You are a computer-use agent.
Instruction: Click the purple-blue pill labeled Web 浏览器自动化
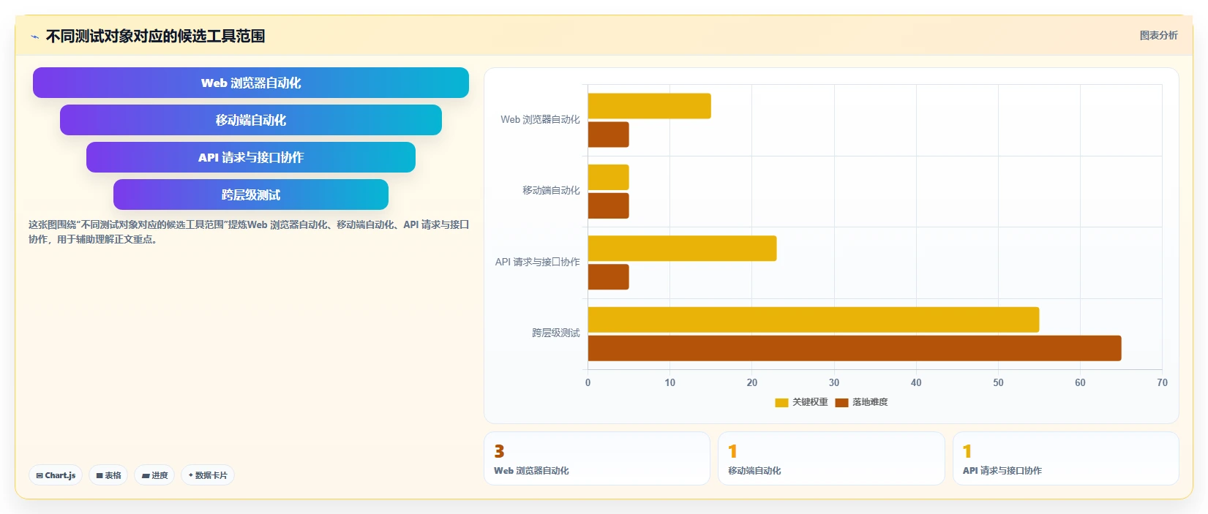[x=251, y=83]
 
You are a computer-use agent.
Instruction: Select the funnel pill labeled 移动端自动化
[x=251, y=120]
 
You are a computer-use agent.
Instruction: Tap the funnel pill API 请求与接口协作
[x=251, y=157]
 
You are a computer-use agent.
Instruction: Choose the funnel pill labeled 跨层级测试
[x=251, y=194]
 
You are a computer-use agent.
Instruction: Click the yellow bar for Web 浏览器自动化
[x=649, y=105]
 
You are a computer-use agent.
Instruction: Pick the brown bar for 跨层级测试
[x=855, y=348]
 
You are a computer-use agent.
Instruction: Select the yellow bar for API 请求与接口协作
[x=682, y=249]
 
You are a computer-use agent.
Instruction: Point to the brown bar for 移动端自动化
[x=608, y=205]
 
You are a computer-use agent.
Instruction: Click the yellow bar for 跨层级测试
[x=813, y=320]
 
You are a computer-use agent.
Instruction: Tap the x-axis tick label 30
[x=833, y=382]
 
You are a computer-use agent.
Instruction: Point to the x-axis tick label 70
[x=1162, y=382]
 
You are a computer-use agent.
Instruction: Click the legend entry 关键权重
[x=801, y=402]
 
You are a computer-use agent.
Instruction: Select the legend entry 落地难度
[x=861, y=402]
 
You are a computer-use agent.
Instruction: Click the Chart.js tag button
[x=56, y=475]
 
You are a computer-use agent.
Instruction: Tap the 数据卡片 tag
[x=208, y=475]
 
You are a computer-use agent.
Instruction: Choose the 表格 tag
[x=108, y=475]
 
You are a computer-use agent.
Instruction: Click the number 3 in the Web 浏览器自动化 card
[x=500, y=451]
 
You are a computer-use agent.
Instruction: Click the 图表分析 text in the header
[x=1158, y=36]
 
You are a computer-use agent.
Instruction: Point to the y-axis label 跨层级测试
[x=556, y=333]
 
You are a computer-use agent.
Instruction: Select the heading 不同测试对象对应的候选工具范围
[x=155, y=36]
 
